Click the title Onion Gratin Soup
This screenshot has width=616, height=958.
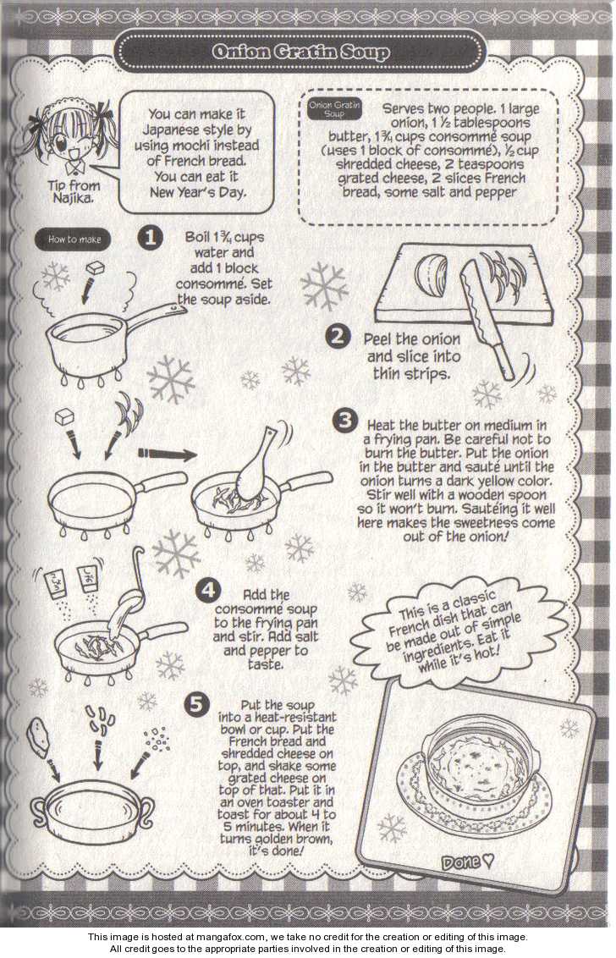pos(300,52)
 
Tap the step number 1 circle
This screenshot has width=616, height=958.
pos(150,237)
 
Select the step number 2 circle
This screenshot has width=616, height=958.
pos(338,336)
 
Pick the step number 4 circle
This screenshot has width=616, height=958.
pos(208,590)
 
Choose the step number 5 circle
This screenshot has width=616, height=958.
pos(195,704)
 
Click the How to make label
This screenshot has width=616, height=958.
pos(74,239)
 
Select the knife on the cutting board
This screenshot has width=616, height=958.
pos(489,317)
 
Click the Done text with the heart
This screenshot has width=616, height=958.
pos(467,862)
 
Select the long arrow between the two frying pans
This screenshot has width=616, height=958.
pos(167,454)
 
